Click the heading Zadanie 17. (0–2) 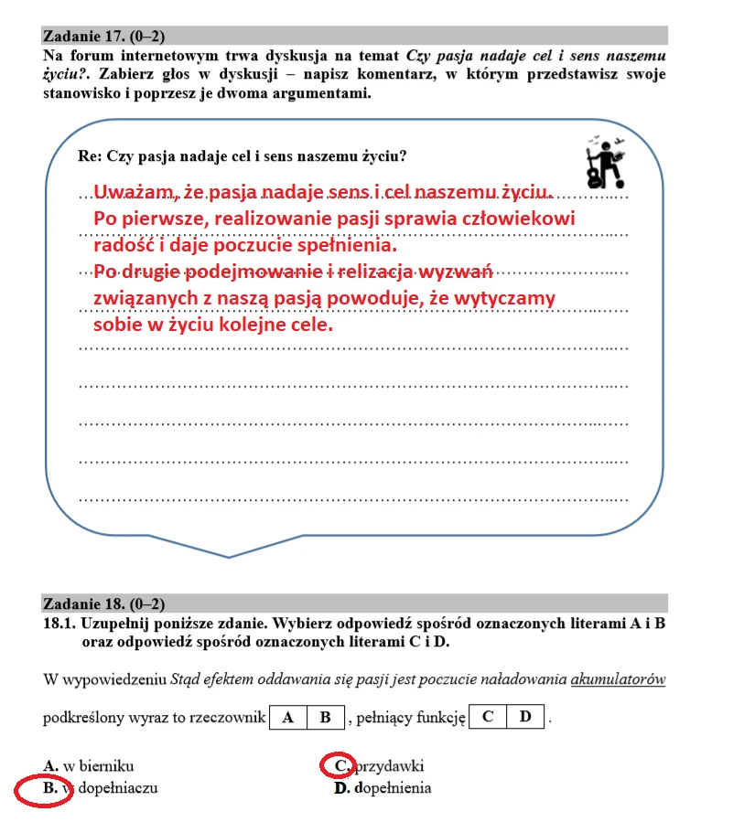pos(103,37)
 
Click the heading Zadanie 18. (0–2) pos(103,604)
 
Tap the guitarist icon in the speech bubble pos(605,159)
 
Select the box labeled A pos(288,717)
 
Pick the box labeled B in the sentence pos(325,717)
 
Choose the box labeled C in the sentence pos(487,716)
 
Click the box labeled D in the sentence pos(525,716)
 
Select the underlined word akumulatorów pos(618,679)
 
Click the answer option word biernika pos(107,766)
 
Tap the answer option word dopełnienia pos(393,788)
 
